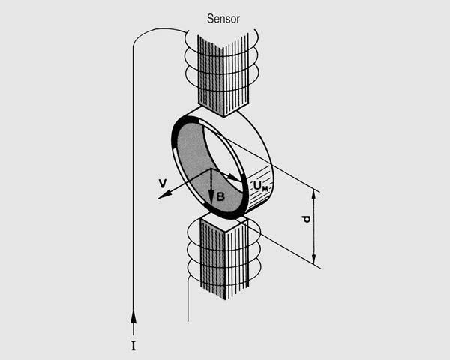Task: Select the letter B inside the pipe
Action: (220, 196)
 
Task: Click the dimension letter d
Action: (305, 220)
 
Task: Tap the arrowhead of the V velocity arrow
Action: (161, 196)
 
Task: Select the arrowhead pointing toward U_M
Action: (238, 178)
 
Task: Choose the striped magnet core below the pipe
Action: (220, 255)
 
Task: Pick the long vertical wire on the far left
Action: (133, 187)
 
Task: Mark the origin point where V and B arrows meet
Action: (211, 170)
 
